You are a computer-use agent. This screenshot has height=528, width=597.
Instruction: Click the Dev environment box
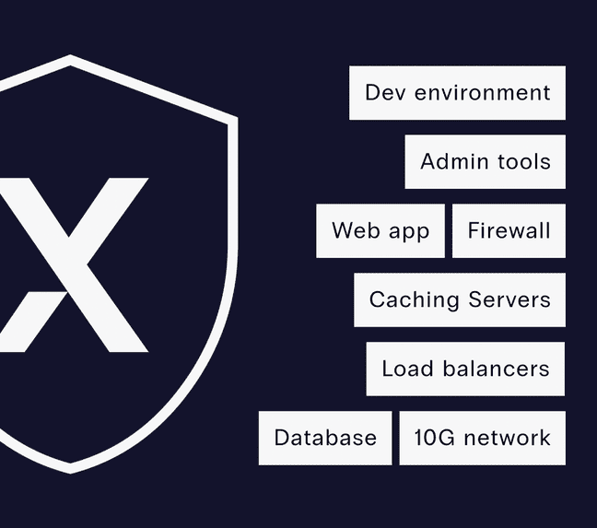click(457, 93)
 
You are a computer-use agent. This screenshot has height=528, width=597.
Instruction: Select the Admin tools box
click(485, 162)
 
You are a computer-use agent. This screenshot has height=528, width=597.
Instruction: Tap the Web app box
click(380, 230)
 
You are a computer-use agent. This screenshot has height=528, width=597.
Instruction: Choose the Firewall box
click(509, 230)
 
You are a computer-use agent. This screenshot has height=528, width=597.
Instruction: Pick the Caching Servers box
click(460, 299)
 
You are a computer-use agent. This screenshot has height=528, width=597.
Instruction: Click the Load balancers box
click(465, 369)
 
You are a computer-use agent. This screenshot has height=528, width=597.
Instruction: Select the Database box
click(325, 438)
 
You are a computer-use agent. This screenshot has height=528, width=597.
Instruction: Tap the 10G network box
click(483, 438)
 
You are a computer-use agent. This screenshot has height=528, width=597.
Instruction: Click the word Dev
click(385, 92)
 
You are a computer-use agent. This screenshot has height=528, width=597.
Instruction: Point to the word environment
click(483, 93)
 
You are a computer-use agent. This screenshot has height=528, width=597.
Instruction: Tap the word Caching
click(415, 300)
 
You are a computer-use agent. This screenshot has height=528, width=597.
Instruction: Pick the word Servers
click(509, 299)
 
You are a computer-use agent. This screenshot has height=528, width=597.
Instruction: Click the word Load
click(407, 369)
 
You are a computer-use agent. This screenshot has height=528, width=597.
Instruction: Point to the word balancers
click(496, 369)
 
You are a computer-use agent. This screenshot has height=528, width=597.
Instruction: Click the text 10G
click(435, 438)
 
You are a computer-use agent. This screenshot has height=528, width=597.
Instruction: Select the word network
click(508, 438)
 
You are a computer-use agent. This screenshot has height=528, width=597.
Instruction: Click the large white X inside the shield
click(73, 265)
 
